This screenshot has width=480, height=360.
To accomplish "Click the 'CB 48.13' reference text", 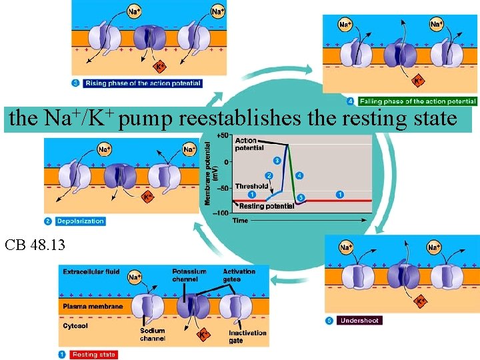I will click(35, 245).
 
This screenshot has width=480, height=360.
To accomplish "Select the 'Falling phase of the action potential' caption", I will click(417, 101).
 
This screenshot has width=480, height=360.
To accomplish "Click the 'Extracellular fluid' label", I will click(91, 272).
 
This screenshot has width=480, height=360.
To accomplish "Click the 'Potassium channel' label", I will click(189, 275).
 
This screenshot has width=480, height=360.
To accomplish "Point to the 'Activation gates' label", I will click(239, 275).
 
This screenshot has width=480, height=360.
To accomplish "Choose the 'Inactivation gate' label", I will click(247, 337).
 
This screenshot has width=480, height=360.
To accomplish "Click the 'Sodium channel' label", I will click(153, 335).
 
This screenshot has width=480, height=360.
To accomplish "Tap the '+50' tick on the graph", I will click(223, 135).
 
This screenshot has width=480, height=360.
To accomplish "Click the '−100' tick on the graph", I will click(221, 213).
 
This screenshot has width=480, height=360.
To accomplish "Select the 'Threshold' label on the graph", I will click(251, 187).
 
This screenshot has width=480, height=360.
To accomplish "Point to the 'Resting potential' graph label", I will click(266, 206).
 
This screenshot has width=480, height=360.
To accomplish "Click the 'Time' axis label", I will click(240, 220).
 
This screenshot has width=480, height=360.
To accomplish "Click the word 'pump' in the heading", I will click(147, 119).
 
